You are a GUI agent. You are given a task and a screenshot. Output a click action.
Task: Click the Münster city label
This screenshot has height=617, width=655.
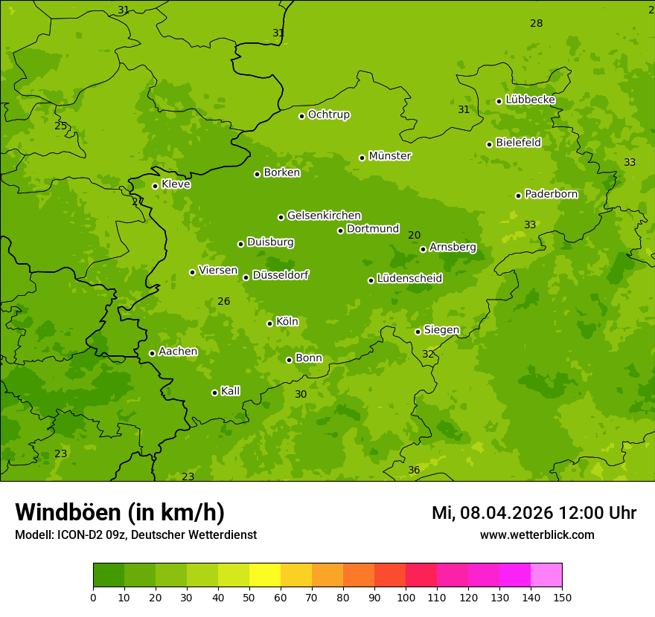tap(389, 156)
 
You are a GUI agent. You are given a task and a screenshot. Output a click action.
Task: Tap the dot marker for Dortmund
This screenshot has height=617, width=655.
tap(340, 230)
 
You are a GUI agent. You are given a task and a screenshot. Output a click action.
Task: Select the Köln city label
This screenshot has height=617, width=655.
tap(287, 322)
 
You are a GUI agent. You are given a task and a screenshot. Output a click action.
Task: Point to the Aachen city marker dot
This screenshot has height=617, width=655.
tap(152, 353)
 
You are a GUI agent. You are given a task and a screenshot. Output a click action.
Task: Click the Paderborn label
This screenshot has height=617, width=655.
tap(551, 194)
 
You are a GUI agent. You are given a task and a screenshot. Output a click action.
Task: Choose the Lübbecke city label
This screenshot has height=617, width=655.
tap(530, 100)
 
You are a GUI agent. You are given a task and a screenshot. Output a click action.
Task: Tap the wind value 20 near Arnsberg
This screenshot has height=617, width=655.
tap(415, 236)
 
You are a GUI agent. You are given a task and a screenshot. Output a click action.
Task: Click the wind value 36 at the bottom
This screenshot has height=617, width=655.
tap(414, 471)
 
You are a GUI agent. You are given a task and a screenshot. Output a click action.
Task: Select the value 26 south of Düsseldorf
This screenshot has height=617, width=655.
tap(223, 302)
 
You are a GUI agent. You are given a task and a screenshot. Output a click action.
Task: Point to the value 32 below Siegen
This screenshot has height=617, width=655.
tap(428, 355)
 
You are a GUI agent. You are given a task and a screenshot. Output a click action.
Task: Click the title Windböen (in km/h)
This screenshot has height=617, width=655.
tap(120, 512)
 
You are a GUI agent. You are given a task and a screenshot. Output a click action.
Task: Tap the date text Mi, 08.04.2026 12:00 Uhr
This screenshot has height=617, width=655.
tap(534, 513)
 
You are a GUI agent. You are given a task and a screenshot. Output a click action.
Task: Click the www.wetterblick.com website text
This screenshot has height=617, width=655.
tap(537, 534)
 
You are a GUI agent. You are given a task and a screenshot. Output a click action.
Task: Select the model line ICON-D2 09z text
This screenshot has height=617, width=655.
tap(135, 534)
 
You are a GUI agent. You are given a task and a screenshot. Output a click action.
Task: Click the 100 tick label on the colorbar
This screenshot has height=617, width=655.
tap(406, 597)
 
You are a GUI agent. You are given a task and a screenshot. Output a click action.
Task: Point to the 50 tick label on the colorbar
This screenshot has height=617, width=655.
tap(249, 597)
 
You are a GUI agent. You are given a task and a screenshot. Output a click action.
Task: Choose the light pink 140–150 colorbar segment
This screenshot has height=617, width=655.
tap(546, 575)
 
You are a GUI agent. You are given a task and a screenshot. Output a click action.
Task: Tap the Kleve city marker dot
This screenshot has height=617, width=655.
tap(155, 186)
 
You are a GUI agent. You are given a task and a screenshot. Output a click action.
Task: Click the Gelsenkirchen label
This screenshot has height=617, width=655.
tap(324, 216)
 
